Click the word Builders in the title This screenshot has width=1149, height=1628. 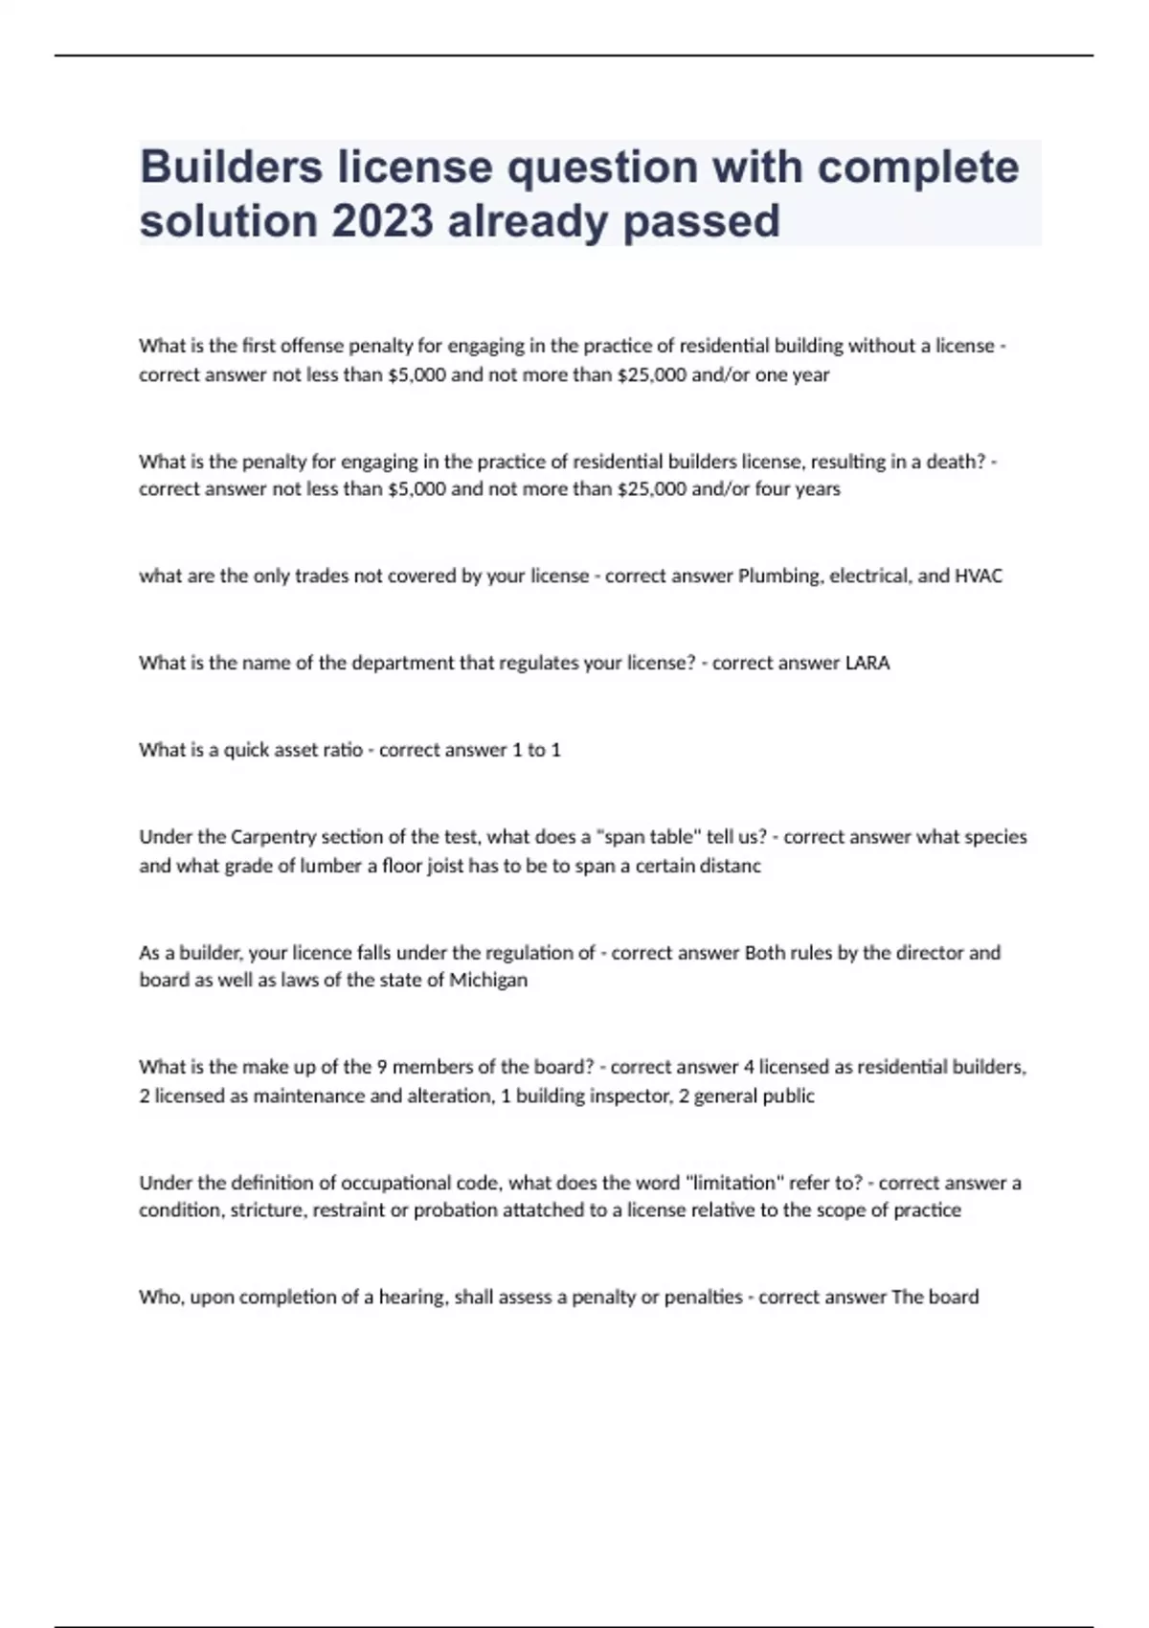(x=231, y=168)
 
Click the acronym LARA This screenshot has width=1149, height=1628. (x=867, y=663)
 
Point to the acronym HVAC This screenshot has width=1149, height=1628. (x=979, y=577)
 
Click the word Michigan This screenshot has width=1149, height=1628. (x=488, y=981)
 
